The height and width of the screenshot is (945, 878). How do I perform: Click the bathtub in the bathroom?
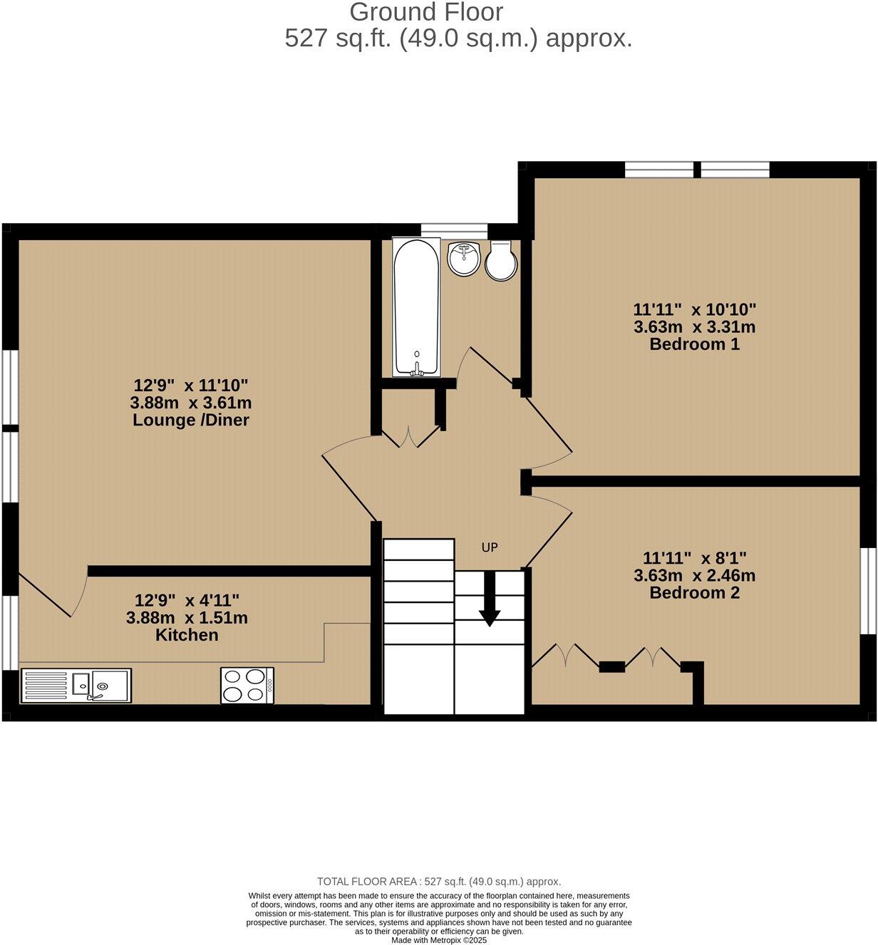coord(416,307)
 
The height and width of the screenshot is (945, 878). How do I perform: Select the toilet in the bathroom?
coord(501,260)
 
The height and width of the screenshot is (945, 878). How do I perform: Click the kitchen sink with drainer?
coord(76,686)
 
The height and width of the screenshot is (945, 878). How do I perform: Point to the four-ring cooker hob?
coord(247,685)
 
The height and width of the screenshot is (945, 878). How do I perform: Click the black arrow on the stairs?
coord(489,599)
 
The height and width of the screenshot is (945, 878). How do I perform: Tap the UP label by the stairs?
coord(489,547)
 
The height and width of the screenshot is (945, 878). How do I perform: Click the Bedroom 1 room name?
coord(694,345)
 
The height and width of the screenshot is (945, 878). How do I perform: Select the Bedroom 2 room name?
coord(694,593)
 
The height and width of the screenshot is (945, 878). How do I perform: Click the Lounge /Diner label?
coord(191,420)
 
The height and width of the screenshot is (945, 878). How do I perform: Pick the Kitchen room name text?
coord(187,635)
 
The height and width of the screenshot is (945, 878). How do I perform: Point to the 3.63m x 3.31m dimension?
coord(694,327)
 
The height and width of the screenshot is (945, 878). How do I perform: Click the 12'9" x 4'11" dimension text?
coord(187,600)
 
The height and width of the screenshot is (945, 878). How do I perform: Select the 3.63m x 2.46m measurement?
coord(694,575)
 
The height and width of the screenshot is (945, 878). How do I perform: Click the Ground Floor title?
coord(426,12)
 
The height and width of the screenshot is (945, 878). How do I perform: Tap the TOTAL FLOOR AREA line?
coord(439,882)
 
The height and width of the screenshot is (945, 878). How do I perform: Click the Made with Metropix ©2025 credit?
coord(439,940)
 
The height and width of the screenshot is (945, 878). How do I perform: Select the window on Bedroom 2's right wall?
coord(867,590)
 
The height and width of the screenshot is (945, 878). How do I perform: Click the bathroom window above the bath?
coord(454,229)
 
